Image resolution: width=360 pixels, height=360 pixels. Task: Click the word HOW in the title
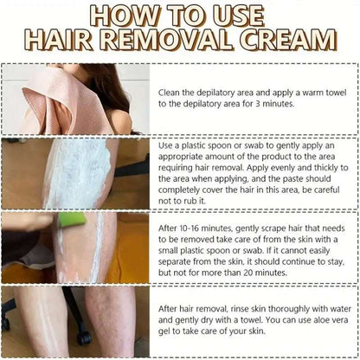pyautogui.click(x=138, y=16)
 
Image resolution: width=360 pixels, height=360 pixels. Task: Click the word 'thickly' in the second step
pyautogui.click(x=322, y=162)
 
